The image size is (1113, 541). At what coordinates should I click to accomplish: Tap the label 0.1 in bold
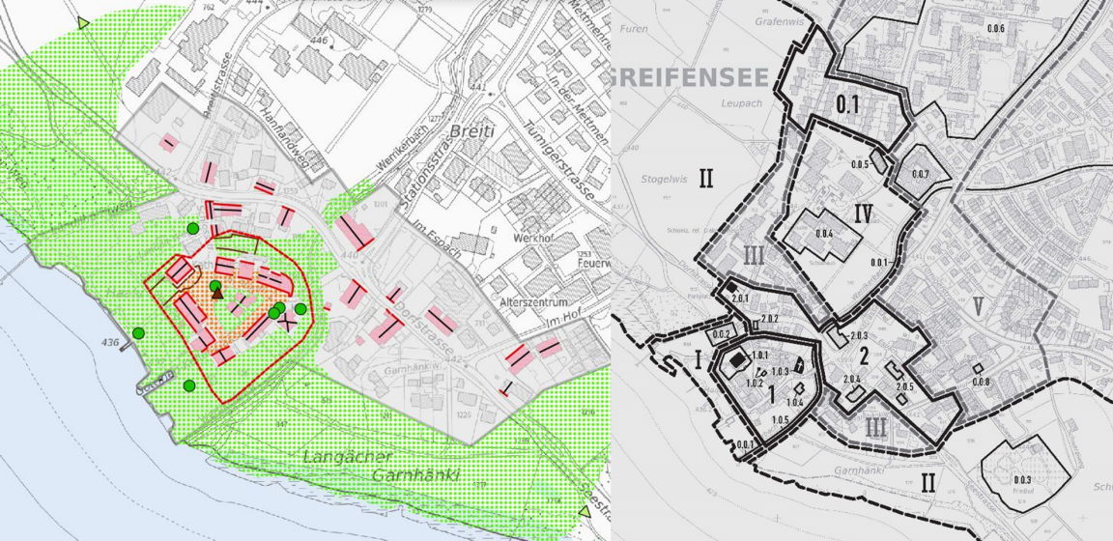[x=847, y=102]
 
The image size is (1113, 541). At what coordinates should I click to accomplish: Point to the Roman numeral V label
[x=979, y=307]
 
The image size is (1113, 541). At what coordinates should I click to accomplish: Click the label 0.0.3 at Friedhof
[x=1022, y=479]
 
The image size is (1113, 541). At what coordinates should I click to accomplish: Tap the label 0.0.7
[x=919, y=174]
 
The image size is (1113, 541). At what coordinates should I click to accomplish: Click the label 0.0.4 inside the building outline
[x=823, y=235]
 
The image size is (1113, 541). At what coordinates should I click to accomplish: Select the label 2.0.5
[x=903, y=386]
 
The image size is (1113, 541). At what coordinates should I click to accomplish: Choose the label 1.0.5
[x=780, y=419]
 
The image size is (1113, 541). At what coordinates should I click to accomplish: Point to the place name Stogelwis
[x=663, y=179]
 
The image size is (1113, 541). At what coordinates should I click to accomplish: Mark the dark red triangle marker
[x=216, y=296]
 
